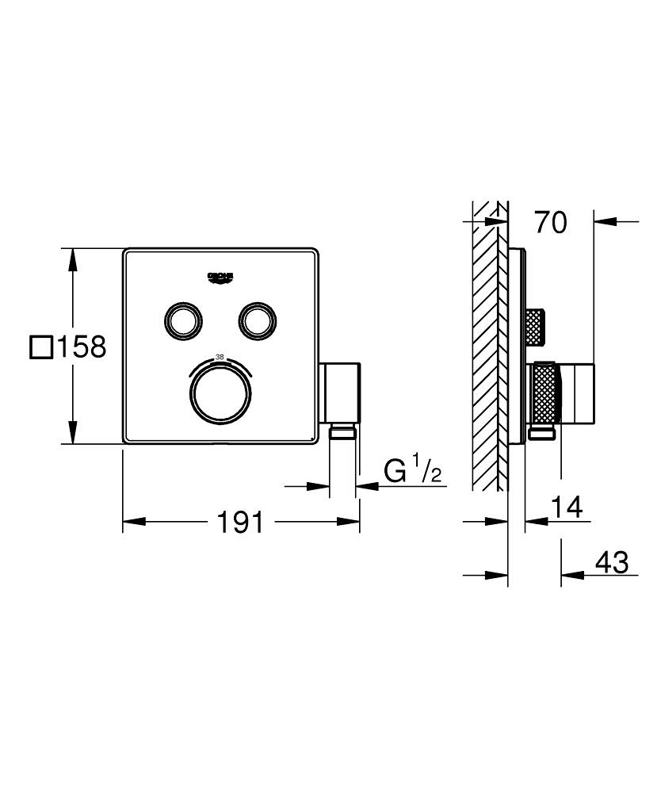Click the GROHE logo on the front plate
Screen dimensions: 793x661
click(221, 277)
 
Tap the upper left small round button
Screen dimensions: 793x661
click(184, 320)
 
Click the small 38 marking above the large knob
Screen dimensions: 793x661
click(220, 358)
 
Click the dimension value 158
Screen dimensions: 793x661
click(79, 347)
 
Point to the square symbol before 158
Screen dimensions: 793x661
click(40, 347)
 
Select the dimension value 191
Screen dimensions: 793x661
click(240, 522)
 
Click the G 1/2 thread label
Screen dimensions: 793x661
click(412, 473)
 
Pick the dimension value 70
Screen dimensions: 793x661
click(550, 224)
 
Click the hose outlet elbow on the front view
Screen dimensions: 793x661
click(341, 393)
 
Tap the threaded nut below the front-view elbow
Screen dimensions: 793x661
click(342, 432)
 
